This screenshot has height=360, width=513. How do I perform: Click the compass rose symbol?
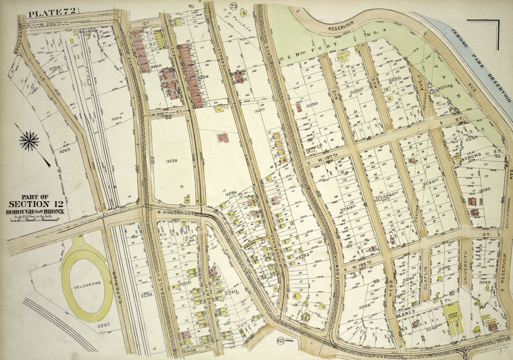click(30, 141)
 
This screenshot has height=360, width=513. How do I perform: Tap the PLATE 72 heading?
click(46, 13)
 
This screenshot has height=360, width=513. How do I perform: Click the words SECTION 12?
click(36, 204)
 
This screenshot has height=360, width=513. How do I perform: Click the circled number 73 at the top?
click(233, 7)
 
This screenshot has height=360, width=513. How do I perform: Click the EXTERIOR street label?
click(115, 284)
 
